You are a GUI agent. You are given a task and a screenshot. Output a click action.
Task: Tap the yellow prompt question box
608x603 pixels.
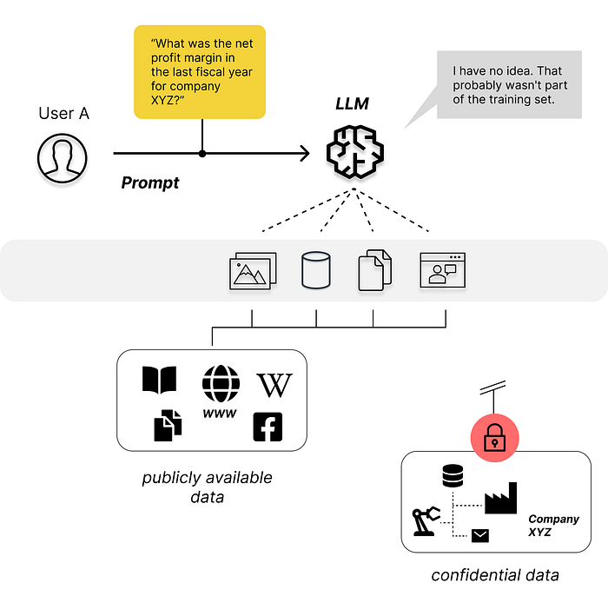pos(199,72)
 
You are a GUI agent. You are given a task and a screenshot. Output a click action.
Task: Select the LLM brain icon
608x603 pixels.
pos(354,149)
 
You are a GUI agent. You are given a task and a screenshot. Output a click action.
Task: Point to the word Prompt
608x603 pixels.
pos(149,182)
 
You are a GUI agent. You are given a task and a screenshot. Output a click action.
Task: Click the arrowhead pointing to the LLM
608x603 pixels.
pos(304,154)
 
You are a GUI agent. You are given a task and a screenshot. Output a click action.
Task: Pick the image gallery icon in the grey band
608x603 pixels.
pos(253,270)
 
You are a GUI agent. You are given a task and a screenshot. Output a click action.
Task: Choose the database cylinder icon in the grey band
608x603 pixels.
pos(316,270)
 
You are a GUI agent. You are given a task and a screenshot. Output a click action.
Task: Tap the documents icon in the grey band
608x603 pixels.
pos(374,270)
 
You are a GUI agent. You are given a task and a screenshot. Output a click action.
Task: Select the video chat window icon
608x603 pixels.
pos(442,270)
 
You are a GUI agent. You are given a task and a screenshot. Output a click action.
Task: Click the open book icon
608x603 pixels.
pos(159,380)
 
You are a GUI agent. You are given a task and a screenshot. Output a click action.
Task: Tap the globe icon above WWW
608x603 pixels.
pos(221,382)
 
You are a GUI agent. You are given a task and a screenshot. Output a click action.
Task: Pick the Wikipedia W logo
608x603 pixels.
pos(274,384)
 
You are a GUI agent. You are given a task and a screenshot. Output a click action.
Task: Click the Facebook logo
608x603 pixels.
pos(268,427)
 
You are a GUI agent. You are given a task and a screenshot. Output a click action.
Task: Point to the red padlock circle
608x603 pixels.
pos(494,438)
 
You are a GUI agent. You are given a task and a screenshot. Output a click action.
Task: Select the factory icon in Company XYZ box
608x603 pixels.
pos(500,498)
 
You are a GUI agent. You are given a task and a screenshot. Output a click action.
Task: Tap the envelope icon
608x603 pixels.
pos(479,535)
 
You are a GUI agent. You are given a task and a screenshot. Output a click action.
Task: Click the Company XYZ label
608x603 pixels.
pos(552,525)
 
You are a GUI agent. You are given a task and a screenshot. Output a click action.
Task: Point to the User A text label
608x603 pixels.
pos(63,114)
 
